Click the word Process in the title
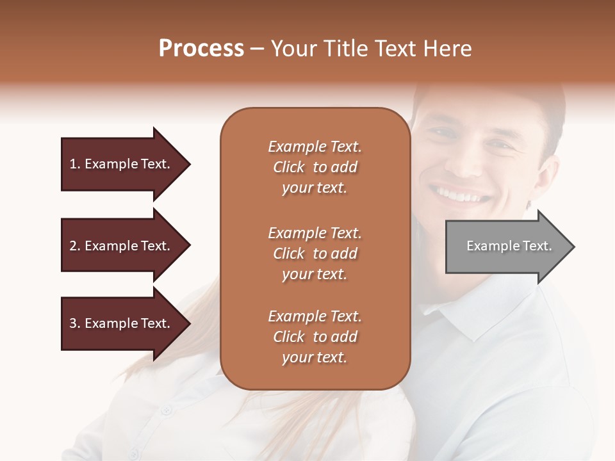point(201,49)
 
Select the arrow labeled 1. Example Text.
point(122,164)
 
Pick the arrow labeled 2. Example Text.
point(122,246)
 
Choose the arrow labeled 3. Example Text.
point(122,323)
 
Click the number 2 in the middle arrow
point(73,246)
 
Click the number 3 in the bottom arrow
point(73,323)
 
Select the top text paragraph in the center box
point(315,167)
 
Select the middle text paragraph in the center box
point(315,254)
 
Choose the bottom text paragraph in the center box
point(315,337)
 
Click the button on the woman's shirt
point(167,410)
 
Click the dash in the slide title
point(258,49)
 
